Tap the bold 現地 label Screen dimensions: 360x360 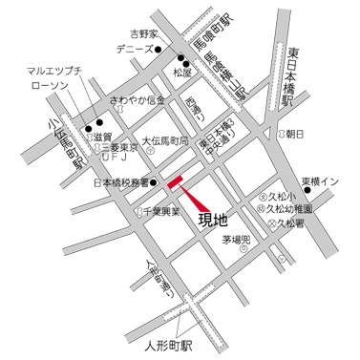click(x=212, y=221)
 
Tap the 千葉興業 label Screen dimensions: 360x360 click(x=167, y=212)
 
